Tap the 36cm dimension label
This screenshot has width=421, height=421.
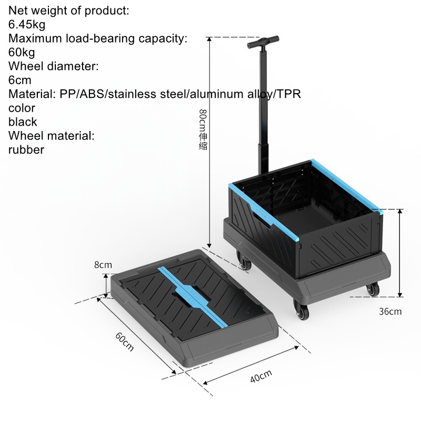(x=390, y=312)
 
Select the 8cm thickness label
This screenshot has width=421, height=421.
(x=103, y=265)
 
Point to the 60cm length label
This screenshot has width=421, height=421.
(x=124, y=342)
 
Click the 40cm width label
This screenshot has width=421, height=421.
(x=261, y=376)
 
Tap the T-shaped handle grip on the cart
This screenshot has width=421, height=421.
(x=263, y=42)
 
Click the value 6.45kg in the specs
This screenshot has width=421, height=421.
(x=27, y=24)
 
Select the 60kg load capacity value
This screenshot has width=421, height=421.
(x=22, y=52)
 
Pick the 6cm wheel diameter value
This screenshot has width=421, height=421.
(x=19, y=80)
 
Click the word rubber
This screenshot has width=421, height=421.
(x=26, y=150)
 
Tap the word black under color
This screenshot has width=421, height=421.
(x=23, y=122)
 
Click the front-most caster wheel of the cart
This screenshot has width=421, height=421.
(x=301, y=310)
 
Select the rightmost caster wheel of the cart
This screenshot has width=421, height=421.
(x=373, y=289)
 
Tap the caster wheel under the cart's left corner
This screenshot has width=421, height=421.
(x=244, y=261)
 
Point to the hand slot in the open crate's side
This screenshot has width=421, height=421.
(x=261, y=218)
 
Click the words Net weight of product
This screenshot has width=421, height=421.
(x=69, y=11)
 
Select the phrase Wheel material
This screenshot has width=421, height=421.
(x=51, y=136)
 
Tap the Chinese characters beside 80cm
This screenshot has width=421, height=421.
(x=203, y=141)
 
